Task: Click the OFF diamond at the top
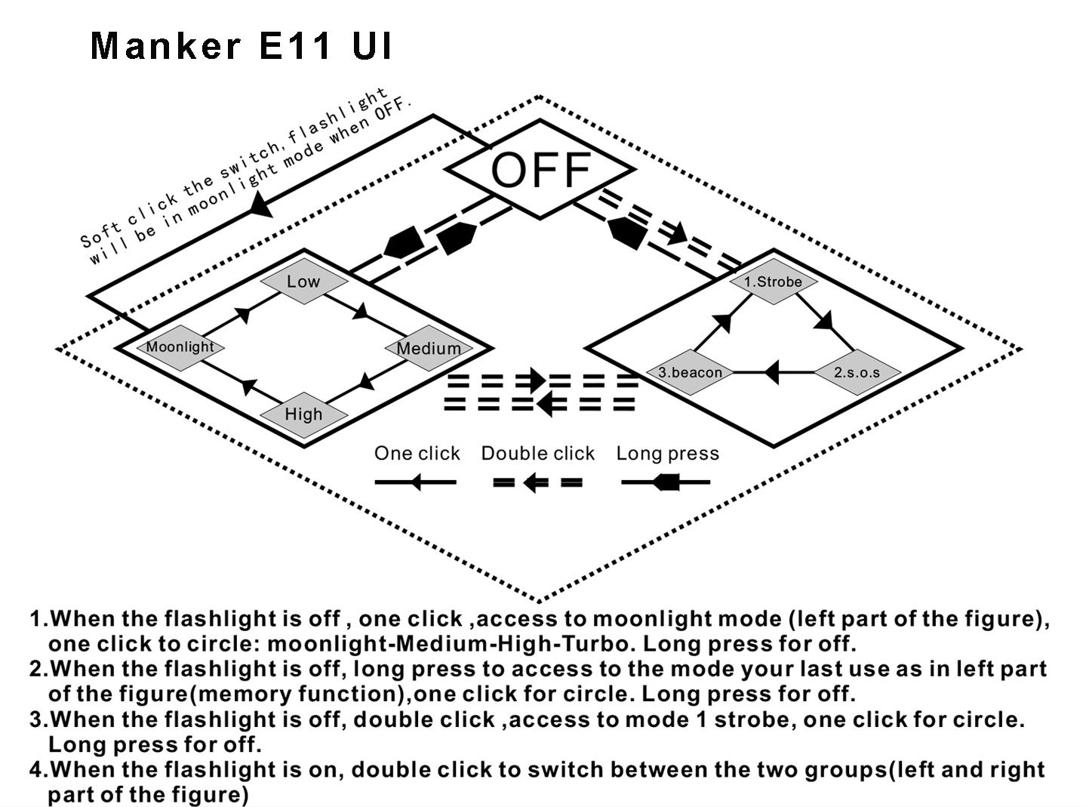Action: (x=540, y=170)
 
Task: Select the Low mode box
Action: (x=303, y=282)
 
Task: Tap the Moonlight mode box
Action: (x=180, y=347)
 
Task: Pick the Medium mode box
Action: (x=429, y=348)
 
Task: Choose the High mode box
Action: (x=303, y=414)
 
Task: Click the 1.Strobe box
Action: (x=773, y=282)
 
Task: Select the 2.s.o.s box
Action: (x=857, y=372)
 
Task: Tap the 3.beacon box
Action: (x=690, y=372)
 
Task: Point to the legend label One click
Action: (x=417, y=453)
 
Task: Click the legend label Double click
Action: (x=537, y=453)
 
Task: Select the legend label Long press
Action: (x=667, y=453)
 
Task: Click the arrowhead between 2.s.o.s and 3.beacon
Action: (x=771, y=372)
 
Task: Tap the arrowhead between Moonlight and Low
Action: (x=243, y=314)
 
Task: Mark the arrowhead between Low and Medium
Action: (x=362, y=311)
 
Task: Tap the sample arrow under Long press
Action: (x=666, y=482)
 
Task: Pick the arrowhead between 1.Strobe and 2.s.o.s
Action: (x=824, y=320)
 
